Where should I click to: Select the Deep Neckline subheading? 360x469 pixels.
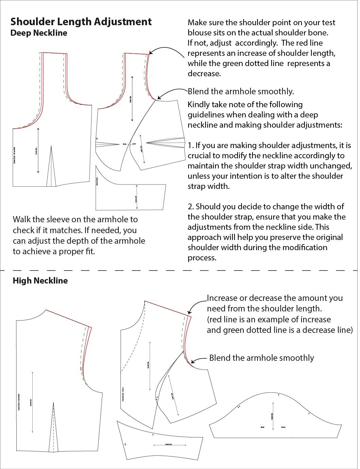coord(39,33)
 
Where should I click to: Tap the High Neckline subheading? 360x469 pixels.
coord(40,281)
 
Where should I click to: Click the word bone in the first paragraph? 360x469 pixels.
coord(319,33)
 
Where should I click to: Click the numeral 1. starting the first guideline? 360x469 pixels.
coord(191,145)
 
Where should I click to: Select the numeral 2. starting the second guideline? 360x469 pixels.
coord(191,207)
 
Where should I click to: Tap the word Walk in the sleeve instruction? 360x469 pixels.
coord(22,220)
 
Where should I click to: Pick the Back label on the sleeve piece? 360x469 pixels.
coord(262,427)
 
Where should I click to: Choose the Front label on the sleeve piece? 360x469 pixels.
coord(283,427)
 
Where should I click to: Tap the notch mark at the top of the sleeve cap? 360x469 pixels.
coord(279,395)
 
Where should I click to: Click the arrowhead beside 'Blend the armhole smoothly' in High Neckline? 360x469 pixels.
coord(193,362)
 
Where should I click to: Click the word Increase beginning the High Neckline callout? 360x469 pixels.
coord(222,298)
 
